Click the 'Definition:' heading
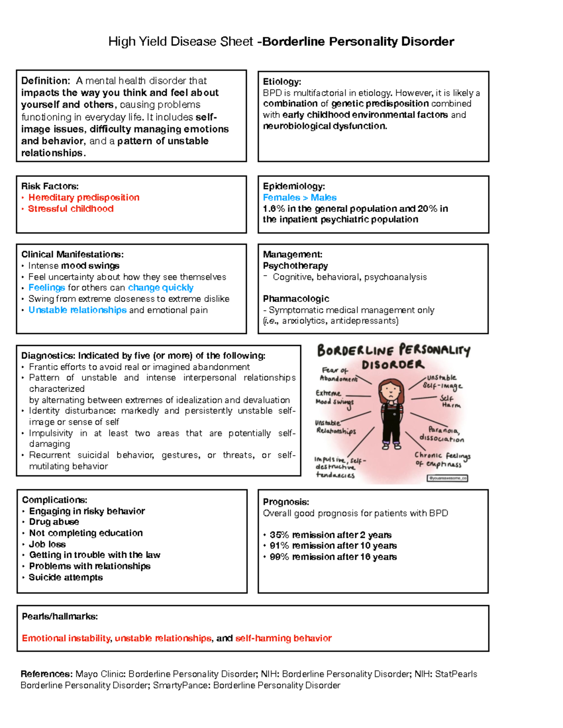(x=46, y=81)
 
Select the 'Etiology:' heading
(x=281, y=82)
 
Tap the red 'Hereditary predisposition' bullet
(x=84, y=197)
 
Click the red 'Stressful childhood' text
(x=70, y=209)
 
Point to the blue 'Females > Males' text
(x=299, y=197)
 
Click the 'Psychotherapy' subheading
(x=295, y=266)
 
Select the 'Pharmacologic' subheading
(x=296, y=299)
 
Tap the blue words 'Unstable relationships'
(x=77, y=310)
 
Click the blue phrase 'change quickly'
(x=160, y=287)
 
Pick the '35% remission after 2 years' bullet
(x=330, y=535)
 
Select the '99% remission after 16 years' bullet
(x=333, y=557)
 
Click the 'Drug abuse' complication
(x=54, y=522)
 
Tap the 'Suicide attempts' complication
(x=66, y=578)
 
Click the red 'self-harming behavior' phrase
(x=283, y=638)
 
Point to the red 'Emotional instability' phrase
(x=66, y=638)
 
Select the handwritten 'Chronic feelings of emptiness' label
(x=442, y=459)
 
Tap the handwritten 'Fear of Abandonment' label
(x=338, y=375)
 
